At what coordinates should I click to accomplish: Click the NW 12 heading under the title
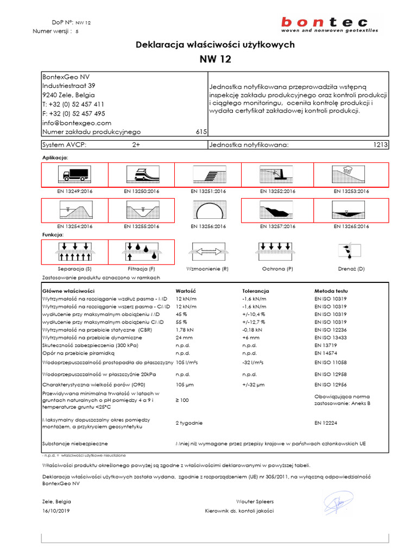[215, 60]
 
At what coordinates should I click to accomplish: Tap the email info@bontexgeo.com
[77, 123]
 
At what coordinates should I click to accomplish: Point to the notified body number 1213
[380, 145]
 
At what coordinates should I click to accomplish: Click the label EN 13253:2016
[351, 191]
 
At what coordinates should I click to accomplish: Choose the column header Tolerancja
[255, 291]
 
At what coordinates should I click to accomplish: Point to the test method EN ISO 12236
[331, 330]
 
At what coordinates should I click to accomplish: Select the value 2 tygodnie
[189, 422]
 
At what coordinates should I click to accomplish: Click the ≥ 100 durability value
[183, 400]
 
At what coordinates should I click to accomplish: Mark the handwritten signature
[338, 503]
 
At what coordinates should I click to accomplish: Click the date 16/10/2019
[55, 511]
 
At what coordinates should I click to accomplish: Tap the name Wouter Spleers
[255, 502]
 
